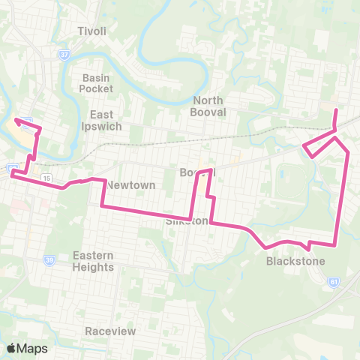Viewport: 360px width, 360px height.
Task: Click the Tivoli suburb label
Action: (94, 31)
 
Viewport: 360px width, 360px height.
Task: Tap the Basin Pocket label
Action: (96, 82)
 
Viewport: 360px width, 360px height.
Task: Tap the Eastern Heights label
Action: (93, 261)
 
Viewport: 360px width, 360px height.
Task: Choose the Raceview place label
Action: (109, 331)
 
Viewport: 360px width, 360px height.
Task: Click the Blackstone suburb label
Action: (295, 262)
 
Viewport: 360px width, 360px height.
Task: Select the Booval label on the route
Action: (196, 172)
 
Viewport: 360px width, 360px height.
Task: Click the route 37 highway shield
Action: (64, 53)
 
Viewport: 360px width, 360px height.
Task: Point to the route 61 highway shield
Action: (333, 281)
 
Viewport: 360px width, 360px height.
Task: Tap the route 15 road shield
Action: (46, 177)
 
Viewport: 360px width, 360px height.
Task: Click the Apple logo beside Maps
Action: (12, 348)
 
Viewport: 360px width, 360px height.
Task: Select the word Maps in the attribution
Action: (32, 348)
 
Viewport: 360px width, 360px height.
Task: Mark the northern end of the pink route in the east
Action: (335, 109)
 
